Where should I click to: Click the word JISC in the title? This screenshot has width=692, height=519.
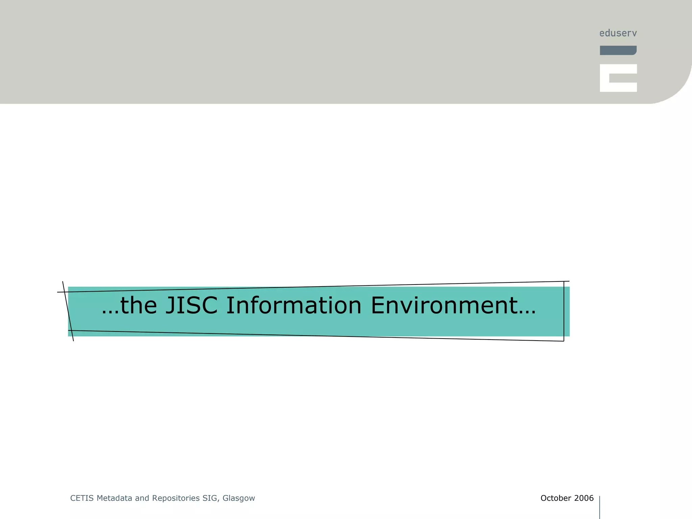[191, 305]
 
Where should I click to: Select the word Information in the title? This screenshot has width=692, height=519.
[294, 305]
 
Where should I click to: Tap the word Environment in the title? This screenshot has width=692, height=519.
[444, 305]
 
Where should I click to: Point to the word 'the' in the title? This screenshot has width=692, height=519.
[139, 305]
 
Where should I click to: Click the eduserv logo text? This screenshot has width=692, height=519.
[618, 33]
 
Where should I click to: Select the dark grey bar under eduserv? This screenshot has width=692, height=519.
[618, 50]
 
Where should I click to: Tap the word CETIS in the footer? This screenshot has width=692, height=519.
[82, 498]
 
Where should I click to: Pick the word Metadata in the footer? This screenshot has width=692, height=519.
[115, 498]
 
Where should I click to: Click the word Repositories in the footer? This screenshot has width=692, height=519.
[176, 498]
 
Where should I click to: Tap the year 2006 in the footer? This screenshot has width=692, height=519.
[584, 498]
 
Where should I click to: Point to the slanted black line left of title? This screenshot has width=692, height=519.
[68, 311]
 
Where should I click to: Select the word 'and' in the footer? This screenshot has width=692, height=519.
[142, 498]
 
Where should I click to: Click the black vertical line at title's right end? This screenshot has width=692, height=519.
[564, 311]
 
